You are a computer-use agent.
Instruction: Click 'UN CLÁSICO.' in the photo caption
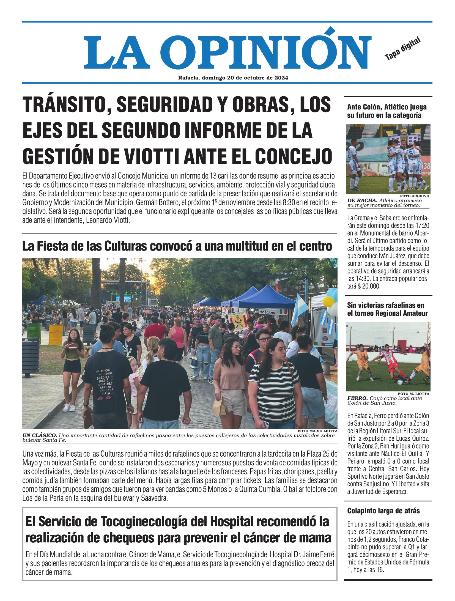(x=40, y=435)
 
